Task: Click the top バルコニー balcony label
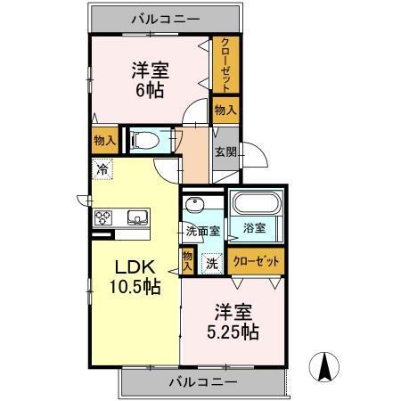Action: pos(166,17)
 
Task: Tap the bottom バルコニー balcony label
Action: pos(203,381)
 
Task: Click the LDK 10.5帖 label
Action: pos(134,277)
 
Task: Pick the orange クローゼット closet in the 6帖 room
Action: pos(225,65)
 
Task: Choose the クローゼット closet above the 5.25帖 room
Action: pos(256,262)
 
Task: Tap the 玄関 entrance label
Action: pos(223,151)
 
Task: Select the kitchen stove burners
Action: pos(102,217)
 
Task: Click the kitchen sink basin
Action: pos(137,217)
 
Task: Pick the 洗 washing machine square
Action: pos(211,262)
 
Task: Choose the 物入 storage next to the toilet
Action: pos(103,139)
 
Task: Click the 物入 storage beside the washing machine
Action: pos(188,260)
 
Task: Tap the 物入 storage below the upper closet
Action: pos(225,110)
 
